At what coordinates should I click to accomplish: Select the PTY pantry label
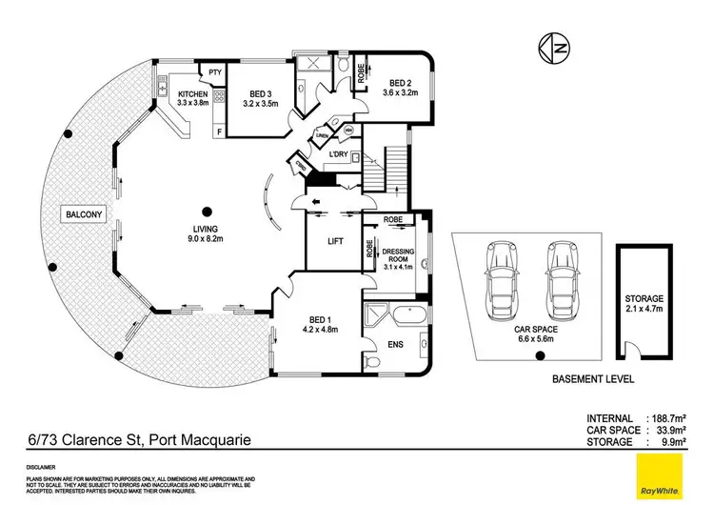(214, 72)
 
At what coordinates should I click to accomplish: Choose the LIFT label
(335, 241)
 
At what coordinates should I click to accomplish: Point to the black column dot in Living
(206, 212)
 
